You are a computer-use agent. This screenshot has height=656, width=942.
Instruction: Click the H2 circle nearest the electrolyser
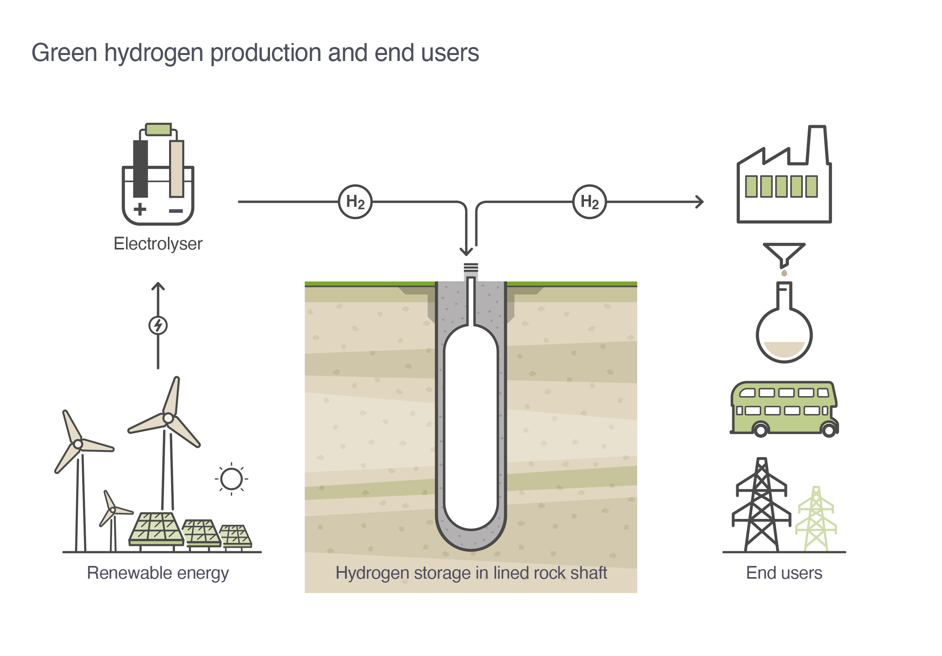tap(355, 202)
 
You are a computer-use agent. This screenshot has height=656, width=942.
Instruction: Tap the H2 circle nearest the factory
tap(589, 202)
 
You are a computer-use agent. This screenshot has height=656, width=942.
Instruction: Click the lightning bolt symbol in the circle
tap(158, 326)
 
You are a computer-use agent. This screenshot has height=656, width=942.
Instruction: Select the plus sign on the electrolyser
tap(140, 209)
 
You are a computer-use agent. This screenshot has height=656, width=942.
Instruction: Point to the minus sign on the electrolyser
tap(176, 211)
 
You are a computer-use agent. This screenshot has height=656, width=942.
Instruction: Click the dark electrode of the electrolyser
tap(140, 169)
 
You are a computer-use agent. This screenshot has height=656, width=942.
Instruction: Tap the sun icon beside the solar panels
tap(231, 479)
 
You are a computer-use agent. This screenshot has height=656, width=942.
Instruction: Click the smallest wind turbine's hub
tap(113, 510)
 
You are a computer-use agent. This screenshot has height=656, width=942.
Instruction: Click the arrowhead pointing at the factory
tap(700, 202)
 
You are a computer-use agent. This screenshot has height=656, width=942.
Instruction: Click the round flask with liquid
tap(784, 334)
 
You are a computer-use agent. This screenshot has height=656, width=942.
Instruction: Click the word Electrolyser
tap(158, 244)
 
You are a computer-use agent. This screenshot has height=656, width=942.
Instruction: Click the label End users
tap(784, 573)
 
